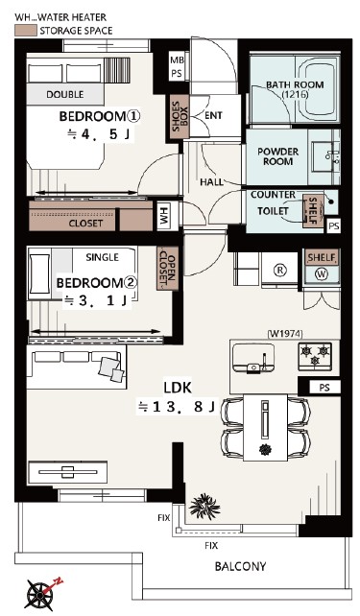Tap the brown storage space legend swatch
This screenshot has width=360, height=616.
point(26,31)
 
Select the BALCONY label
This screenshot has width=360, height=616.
point(240,566)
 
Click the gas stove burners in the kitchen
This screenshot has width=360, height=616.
point(315,356)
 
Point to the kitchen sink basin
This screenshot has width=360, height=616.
point(253,358)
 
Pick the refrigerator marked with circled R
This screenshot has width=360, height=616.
point(279,271)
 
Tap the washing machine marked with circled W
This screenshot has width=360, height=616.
point(322,273)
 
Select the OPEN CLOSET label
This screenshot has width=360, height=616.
point(167,269)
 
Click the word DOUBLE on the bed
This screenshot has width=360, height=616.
point(65,95)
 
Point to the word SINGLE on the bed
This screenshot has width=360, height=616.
point(102,257)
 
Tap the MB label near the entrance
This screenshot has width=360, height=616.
point(177,60)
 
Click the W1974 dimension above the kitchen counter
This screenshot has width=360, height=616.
point(285,334)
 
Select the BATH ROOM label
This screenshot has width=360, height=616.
point(295,89)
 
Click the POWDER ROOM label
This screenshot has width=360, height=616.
point(277,156)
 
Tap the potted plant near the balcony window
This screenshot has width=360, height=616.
point(204,506)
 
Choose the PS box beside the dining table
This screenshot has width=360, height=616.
point(324,388)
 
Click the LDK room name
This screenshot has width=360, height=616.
point(178,388)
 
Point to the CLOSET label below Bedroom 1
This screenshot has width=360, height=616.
point(85,224)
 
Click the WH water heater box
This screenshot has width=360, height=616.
point(163,216)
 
